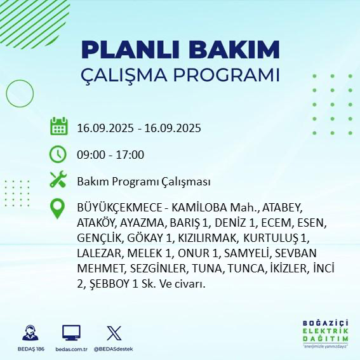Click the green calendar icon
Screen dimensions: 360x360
coord(59,126)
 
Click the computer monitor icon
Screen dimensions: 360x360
coord(70,333)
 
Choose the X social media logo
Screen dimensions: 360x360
coord(113,333)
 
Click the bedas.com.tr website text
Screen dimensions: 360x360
coord(70,349)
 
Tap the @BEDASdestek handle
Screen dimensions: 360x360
coord(113,349)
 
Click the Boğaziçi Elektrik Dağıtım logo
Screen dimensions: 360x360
coord(324,333)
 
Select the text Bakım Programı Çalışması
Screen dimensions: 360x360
coord(143,182)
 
